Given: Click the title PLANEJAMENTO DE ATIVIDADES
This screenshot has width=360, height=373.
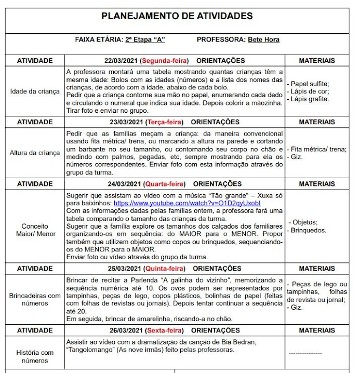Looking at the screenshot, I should pos(177,16).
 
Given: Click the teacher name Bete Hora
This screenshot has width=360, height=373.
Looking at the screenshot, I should pos(263,39).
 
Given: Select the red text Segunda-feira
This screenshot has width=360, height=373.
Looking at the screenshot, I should pos(165,61).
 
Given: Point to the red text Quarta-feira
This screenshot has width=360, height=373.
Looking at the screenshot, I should pos(163,184).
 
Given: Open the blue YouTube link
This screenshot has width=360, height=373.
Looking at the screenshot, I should pos(187,203).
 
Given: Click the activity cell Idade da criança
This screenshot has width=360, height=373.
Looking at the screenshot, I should pos(35,91).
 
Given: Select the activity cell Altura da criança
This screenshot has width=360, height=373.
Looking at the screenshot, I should pos(35,153).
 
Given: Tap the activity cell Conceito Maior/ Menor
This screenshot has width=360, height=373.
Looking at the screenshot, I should pos(35,230).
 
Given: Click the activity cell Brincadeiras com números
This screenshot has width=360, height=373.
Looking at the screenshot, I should pos(35,300).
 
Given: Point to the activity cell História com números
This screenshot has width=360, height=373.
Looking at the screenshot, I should pos(35,357).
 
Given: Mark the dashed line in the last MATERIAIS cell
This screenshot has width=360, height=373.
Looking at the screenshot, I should pos(305,353).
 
